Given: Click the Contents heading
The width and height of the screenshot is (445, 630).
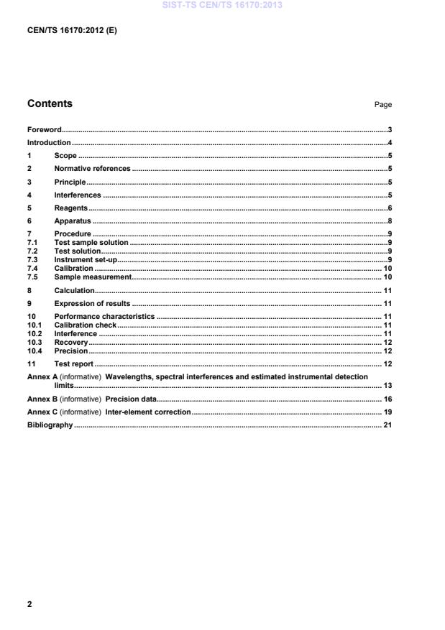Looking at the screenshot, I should (x=50, y=103).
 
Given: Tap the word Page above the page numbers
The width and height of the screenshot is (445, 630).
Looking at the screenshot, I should (x=382, y=105).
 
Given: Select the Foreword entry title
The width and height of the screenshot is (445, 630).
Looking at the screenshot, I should (x=44, y=130).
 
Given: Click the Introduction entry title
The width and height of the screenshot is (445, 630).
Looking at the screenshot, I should (x=48, y=143).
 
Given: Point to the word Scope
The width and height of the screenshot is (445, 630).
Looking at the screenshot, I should (x=65, y=156).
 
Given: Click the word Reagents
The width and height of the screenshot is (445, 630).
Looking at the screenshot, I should (x=70, y=208).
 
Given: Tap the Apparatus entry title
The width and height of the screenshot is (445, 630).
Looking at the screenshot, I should (x=72, y=221).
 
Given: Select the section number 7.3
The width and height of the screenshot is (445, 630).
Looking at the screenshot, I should (x=33, y=259).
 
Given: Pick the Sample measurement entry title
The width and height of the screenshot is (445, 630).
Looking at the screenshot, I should (x=93, y=277).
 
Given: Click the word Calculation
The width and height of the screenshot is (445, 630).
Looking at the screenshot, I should (x=74, y=290).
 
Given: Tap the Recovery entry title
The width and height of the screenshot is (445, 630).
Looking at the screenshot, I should (x=70, y=343).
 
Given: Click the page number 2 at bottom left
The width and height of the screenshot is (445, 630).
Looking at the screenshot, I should (x=29, y=604).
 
